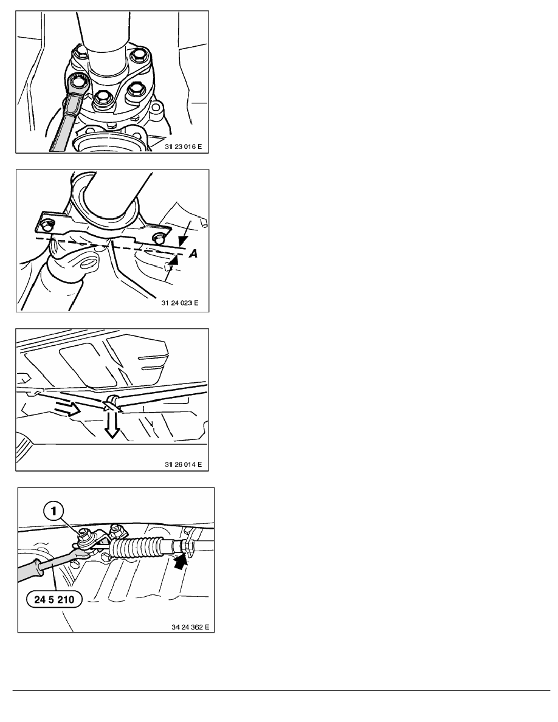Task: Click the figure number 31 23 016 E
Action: pos(183,146)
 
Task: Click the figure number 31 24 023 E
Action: pos(180,303)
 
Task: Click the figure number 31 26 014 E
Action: pos(183,464)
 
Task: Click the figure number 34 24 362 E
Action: pos(190,627)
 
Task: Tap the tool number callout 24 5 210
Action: pos(54,599)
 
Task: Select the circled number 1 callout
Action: pos(54,511)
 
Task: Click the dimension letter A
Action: pos(193,253)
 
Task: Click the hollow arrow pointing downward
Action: pos(111,424)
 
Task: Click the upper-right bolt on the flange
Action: pos(138,57)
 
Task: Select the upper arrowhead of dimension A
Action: pos(183,241)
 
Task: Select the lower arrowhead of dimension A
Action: pos(173,261)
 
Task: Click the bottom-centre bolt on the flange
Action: pos(101,99)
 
